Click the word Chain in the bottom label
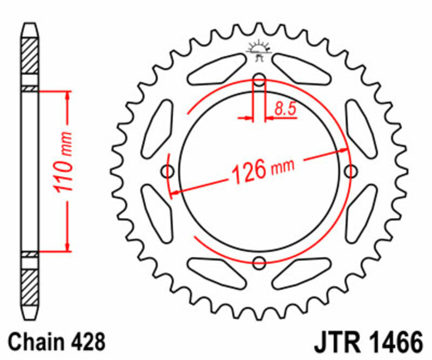(35, 342)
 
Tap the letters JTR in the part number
(333, 343)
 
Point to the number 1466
(391, 343)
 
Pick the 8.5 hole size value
(285, 109)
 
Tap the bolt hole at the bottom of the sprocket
(260, 264)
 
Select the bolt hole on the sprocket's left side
(168, 172)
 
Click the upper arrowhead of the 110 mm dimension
(67, 96)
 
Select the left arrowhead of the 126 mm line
(175, 191)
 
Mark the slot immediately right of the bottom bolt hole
(302, 273)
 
